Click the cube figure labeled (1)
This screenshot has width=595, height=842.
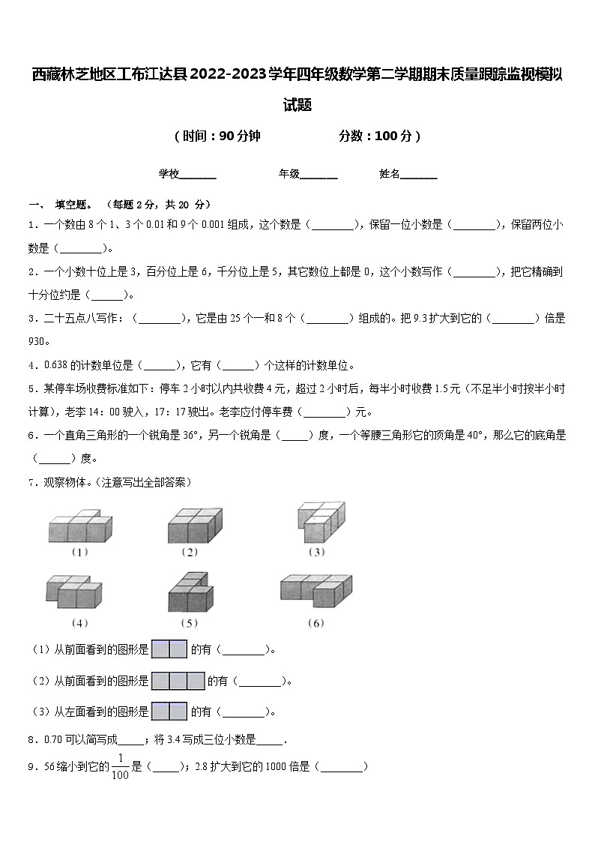pos(79,526)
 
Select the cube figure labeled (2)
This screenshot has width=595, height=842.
pos(195,524)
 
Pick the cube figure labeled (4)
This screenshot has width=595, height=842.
pos(73,593)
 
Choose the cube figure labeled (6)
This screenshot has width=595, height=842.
pos(316,591)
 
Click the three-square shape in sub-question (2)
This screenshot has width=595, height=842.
pos(178,680)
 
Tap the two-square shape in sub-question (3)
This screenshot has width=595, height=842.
pos(169,711)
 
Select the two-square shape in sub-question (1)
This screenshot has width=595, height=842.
pos(169,649)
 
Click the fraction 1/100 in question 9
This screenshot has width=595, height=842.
pos(120,767)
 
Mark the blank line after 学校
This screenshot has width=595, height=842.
pos(198,175)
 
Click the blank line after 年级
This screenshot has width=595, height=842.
pos(318,175)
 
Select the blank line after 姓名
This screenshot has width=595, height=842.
pos(419,175)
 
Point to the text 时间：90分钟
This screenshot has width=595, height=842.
pos(217,136)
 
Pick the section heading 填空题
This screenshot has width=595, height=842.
pos(73,204)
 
